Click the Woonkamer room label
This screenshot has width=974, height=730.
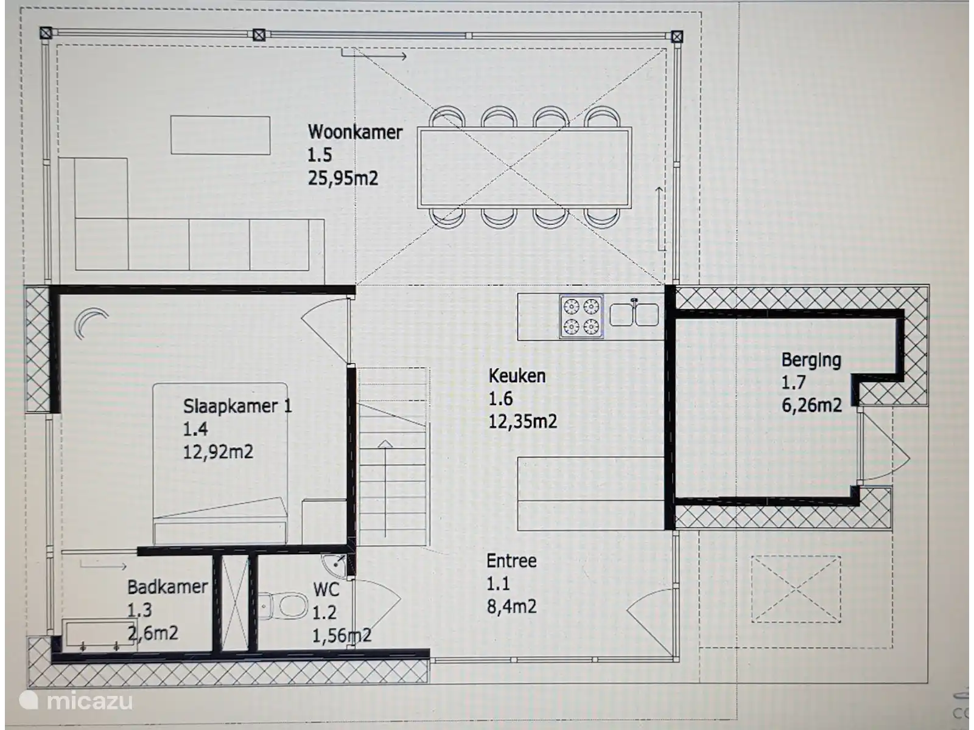click(x=355, y=132)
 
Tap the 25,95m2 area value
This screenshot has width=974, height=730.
click(x=343, y=178)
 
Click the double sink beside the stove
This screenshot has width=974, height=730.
click(x=634, y=314)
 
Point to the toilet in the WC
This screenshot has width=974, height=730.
click(x=284, y=605)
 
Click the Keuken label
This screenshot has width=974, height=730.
click(x=517, y=376)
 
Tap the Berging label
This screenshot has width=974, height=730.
click(x=811, y=360)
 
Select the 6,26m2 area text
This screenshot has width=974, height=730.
click(x=811, y=405)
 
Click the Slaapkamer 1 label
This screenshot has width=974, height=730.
click(x=238, y=406)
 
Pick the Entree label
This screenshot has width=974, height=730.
click(x=511, y=561)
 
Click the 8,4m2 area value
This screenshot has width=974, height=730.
click(x=511, y=607)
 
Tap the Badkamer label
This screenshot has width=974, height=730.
click(x=167, y=587)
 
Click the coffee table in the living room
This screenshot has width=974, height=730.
click(x=220, y=135)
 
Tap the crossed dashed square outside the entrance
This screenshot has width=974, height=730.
click(x=796, y=589)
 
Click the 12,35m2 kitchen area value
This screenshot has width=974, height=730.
click(x=523, y=421)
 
